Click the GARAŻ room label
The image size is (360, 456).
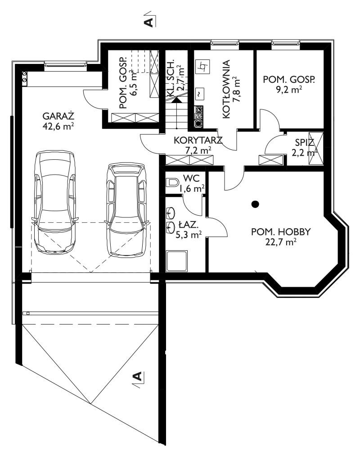tap(58, 116)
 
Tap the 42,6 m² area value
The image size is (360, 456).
tap(58, 126)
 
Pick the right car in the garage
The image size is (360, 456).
tap(126, 210)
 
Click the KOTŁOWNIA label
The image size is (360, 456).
tap(226, 89)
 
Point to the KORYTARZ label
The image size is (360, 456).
tap(198, 140)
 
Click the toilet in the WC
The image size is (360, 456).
tap(172, 183)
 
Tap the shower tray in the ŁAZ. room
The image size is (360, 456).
tap(176, 261)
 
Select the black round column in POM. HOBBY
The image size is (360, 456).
tap(255, 204)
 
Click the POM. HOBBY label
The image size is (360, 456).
tap(281, 232)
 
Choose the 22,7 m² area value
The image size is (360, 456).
tap(281, 242)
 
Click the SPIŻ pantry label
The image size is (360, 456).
tap(305, 142)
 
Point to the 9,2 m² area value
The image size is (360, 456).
tap(289, 90)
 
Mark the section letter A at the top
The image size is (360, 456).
tap(149, 22)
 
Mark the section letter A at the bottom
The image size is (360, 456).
tap(137, 376)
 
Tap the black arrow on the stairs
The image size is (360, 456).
tap(176, 100)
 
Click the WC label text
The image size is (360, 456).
tap(191, 178)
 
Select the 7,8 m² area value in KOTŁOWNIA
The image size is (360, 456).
tap(236, 89)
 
